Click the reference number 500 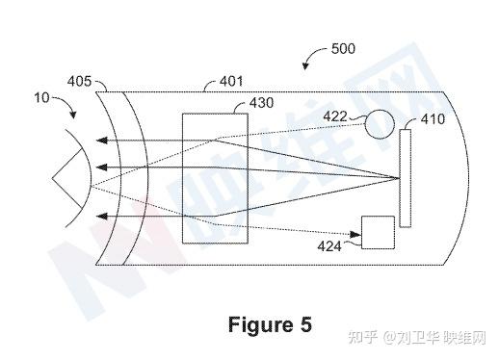343,49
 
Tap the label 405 79,81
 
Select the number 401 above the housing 231,81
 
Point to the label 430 262,103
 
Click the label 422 335,116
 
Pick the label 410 433,119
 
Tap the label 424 329,246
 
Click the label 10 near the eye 41,97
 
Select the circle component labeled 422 380,124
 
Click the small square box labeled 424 378,232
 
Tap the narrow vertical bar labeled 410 406,178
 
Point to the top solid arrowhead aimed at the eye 102,141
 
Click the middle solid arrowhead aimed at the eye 102,167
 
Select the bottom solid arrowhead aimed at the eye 102,217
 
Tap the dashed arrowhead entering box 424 355,235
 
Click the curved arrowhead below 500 305,65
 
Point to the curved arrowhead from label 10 73,115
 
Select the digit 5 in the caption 306,324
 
